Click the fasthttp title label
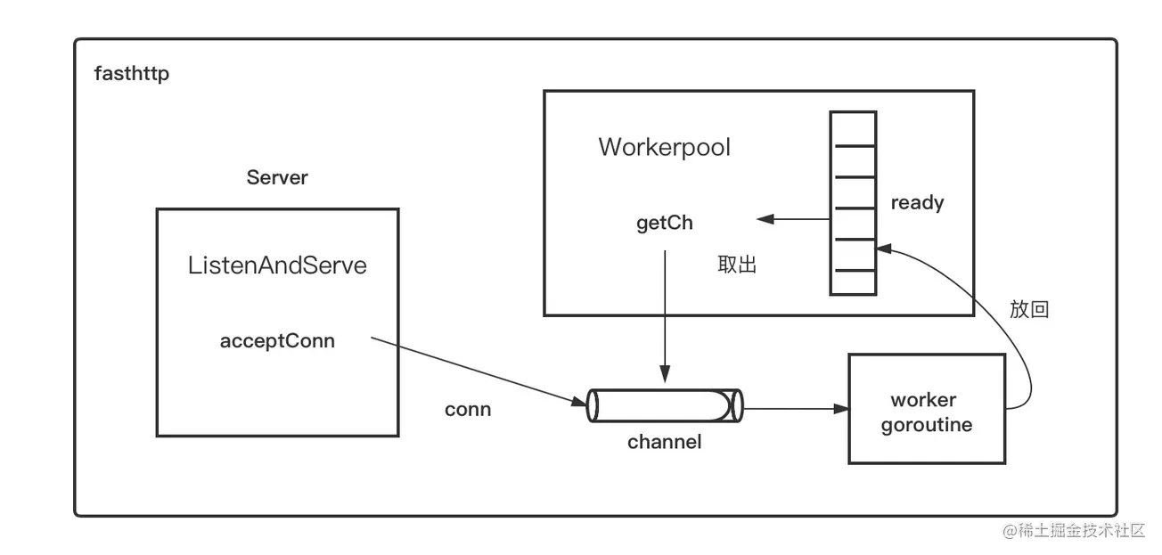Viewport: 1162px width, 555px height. (132, 73)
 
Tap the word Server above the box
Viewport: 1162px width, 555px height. (277, 177)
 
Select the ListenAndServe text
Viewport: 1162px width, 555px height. (277, 265)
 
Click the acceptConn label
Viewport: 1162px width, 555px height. (277, 340)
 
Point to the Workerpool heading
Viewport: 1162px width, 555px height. (664, 147)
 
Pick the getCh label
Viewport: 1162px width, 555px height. (664, 223)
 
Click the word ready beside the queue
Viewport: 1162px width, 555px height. (917, 203)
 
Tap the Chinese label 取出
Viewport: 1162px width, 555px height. (737, 265)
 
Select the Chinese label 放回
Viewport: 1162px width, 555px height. (1029, 309)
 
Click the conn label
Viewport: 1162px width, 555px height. (468, 410)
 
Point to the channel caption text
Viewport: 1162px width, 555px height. (664, 442)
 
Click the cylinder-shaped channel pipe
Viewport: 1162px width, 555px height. (664, 405)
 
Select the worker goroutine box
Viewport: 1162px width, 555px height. (927, 409)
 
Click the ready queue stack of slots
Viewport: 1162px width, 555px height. (853, 203)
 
